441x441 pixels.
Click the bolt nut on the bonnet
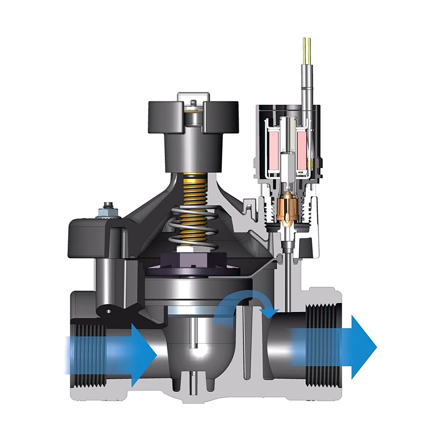(x=109, y=210)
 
